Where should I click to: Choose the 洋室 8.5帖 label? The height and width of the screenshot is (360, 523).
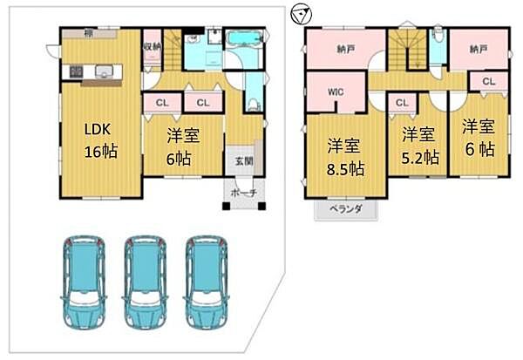[345, 156]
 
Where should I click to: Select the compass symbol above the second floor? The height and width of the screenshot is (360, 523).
[301, 14]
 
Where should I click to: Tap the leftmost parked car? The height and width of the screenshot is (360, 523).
[83, 278]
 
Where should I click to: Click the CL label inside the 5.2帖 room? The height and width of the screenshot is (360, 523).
[402, 104]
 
